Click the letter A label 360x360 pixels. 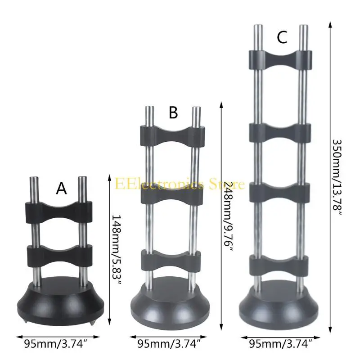click(61, 189)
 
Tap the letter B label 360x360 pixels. click(173, 113)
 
